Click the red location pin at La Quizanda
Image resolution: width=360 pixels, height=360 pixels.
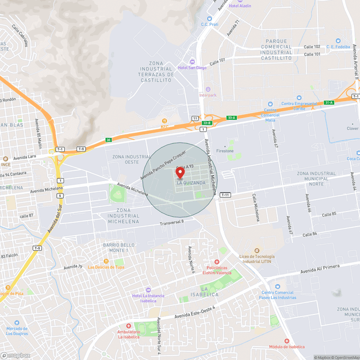click(x=180, y=172)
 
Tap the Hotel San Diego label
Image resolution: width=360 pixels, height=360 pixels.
click(x=192, y=67)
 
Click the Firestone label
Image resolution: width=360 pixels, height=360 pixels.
click(x=225, y=151)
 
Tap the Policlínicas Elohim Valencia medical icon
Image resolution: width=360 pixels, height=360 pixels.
click(x=217, y=262)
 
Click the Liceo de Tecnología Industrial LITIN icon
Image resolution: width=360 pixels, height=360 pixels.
click(x=257, y=250)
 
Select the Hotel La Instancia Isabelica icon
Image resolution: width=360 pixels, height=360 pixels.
click(x=148, y=289)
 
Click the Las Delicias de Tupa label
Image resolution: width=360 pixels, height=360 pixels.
click(x=106, y=267)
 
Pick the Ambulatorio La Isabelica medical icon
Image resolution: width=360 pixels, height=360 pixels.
click(x=128, y=326)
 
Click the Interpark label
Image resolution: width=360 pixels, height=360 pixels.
click(x=208, y=95)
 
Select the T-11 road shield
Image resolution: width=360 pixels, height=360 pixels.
click(x=226, y=194)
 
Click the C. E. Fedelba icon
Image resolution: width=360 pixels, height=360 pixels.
click(x=338, y=40)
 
